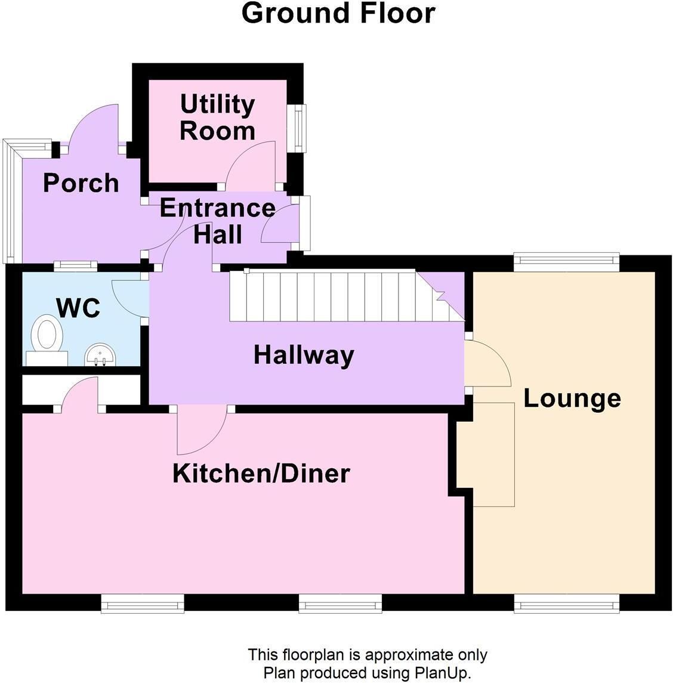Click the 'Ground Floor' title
pyautogui.click(x=338, y=13)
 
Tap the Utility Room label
pyautogui.click(x=217, y=117)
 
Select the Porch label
pyautogui.click(x=81, y=183)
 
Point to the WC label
pyautogui.click(x=78, y=308)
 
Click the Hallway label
pyautogui.click(x=304, y=355)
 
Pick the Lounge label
pyautogui.click(x=572, y=398)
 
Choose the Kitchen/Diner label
pyautogui.click(x=261, y=474)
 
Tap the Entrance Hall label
pyautogui.click(x=217, y=221)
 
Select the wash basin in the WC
pyautogui.click(x=100, y=354)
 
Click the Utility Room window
pyautogui.click(x=299, y=128)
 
